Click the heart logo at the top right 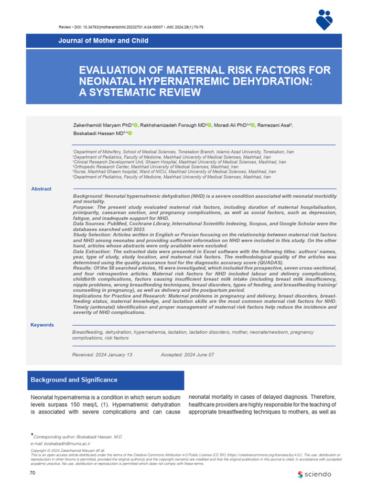[330, 20]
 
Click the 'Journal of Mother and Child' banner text [95, 41]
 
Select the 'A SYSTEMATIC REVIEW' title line [140, 92]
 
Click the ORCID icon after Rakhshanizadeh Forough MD [208, 125]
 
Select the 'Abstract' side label [41, 189]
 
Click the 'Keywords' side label [42, 325]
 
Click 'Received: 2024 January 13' [102, 355]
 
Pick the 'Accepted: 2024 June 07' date [187, 355]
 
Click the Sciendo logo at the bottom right [314, 474]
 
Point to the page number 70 [33, 472]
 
